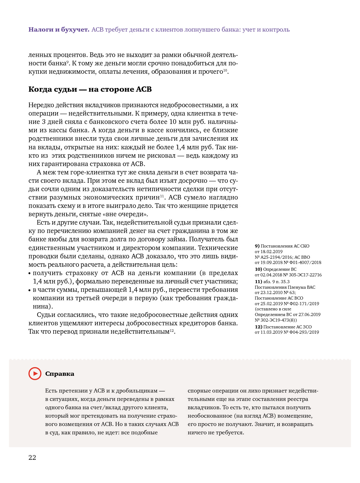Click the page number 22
pyautogui.click(x=32, y=458)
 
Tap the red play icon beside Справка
pyautogui.click(x=35, y=374)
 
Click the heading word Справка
pyautogui.click(x=60, y=374)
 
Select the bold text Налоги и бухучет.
pyautogui.click(x=59, y=30)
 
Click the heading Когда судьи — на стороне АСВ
pyautogui.click(x=90, y=90)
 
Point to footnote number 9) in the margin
pyautogui.click(x=257, y=246)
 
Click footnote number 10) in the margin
pyautogui.click(x=258, y=269)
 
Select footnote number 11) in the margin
pyautogui.click(x=258, y=282)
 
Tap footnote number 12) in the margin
pyautogui.click(x=258, y=327)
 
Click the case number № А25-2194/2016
pyautogui.click(x=274, y=257)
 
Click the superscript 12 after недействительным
pyautogui.click(x=172, y=330)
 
